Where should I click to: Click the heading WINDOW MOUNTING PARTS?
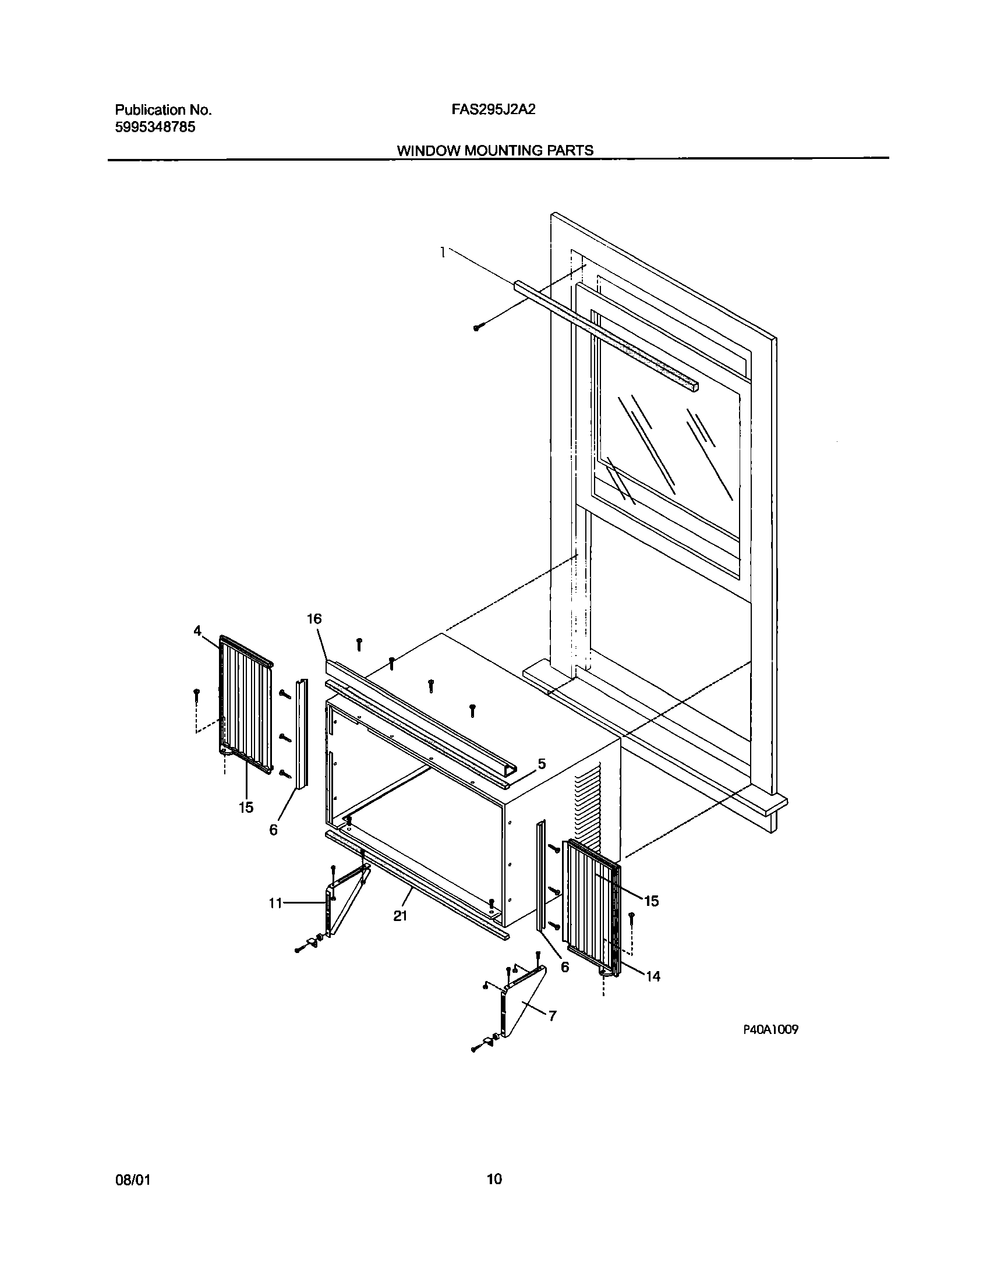[x=495, y=150]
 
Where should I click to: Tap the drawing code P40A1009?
[x=770, y=1029]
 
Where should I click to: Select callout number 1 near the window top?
[x=444, y=252]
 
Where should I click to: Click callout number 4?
[x=197, y=631]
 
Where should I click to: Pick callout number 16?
[x=314, y=619]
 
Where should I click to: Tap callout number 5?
[x=542, y=763]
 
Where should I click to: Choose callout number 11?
[x=275, y=903]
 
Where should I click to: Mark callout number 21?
[x=399, y=916]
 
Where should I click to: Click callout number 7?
[x=552, y=1016]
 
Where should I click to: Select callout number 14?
[x=653, y=976]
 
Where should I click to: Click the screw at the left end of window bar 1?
[x=476, y=328]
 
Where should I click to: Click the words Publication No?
[x=163, y=110]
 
